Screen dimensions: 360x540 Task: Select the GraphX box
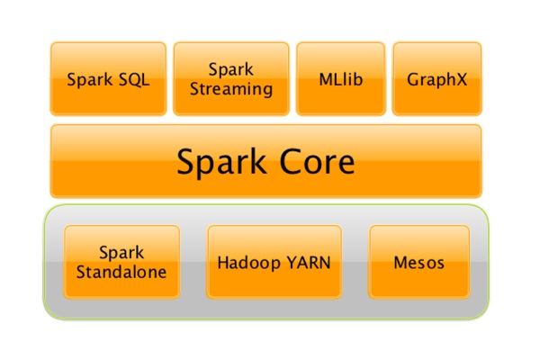tap(436, 78)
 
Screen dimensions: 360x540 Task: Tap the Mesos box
tap(419, 263)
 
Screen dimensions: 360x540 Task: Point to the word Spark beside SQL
tap(88, 78)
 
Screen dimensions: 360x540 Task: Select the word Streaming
tap(231, 89)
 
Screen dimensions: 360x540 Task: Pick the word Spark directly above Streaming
tap(231, 69)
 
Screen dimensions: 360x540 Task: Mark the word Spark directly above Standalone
tap(121, 253)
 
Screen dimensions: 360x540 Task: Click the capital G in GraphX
tap(413, 78)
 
